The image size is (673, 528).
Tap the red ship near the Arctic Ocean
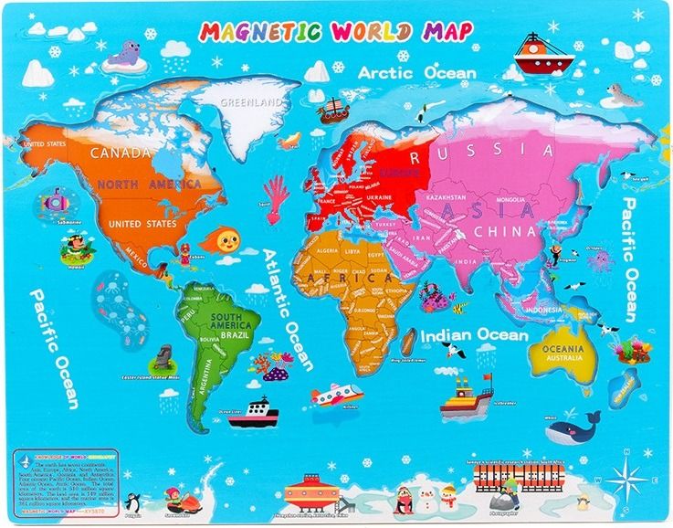[542, 56]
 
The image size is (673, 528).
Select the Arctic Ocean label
[416, 72]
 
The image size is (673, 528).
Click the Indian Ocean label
[474, 336]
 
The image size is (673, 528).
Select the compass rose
[626, 475]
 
